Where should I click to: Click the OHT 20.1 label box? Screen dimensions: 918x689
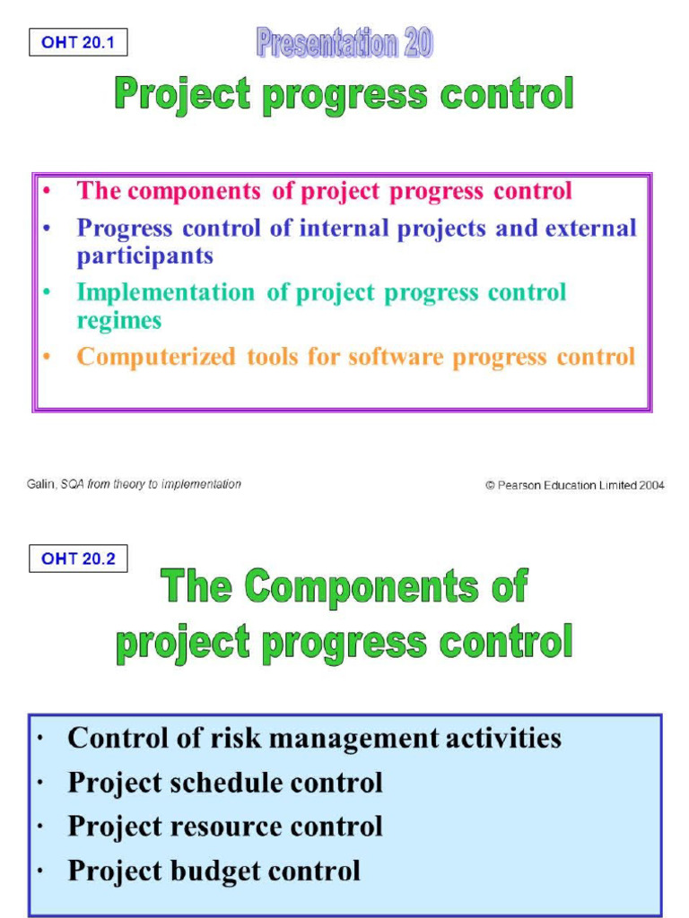tap(78, 42)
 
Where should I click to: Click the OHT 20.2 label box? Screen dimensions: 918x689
tap(78, 559)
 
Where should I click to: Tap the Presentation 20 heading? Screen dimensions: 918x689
tap(344, 43)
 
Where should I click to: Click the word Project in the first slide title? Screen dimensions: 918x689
tap(183, 95)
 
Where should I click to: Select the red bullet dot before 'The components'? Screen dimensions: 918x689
tap(46, 191)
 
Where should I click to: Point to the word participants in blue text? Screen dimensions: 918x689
tap(144, 256)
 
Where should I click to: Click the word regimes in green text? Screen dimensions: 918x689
tap(118, 321)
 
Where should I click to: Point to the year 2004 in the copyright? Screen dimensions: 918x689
tap(652, 485)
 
